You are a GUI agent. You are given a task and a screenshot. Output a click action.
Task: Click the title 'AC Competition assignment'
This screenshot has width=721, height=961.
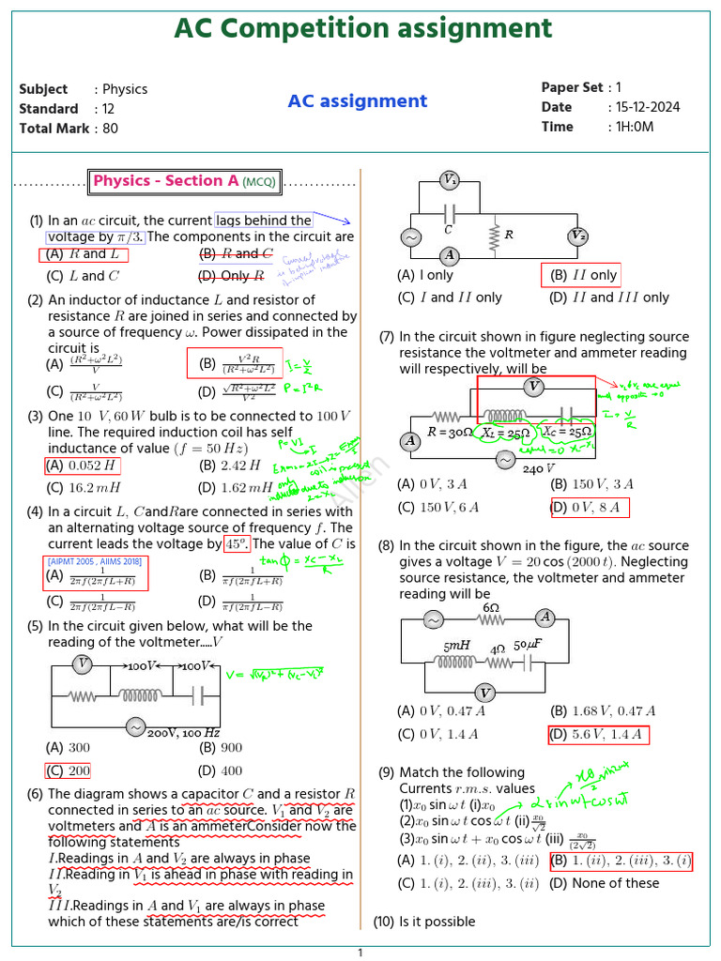click(x=362, y=29)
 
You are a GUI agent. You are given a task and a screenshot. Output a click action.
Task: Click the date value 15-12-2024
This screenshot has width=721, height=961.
click(x=644, y=107)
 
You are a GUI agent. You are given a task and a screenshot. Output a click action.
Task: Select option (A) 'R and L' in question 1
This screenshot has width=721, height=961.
click(x=83, y=254)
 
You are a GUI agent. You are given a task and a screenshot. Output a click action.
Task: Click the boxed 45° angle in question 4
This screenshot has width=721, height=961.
click(x=236, y=544)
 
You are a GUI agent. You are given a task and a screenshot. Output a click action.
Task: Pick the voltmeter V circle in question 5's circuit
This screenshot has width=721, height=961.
click(x=84, y=664)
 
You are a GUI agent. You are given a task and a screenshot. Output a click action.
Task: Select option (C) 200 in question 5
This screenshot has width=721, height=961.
click(x=69, y=771)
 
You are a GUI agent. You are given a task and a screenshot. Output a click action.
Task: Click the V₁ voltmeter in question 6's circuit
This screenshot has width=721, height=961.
click(x=450, y=180)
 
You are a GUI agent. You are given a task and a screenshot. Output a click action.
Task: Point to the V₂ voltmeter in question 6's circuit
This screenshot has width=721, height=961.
click(x=578, y=236)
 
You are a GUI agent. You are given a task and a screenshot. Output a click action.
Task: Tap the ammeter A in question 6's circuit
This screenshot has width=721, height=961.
click(x=450, y=255)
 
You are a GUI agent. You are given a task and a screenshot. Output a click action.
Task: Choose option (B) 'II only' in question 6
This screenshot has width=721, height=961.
click(x=583, y=276)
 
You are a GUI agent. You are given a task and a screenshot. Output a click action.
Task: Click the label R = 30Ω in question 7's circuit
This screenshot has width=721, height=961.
click(x=450, y=433)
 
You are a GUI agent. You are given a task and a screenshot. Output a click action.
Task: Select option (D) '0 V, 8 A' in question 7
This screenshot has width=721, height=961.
click(x=591, y=509)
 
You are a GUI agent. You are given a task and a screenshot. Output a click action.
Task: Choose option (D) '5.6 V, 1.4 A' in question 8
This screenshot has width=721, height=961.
click(x=598, y=735)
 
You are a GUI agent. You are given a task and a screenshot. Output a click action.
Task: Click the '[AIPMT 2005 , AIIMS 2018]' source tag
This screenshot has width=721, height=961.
click(x=94, y=561)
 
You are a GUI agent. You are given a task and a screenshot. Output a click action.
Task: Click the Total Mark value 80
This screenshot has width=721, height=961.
click(x=110, y=129)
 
